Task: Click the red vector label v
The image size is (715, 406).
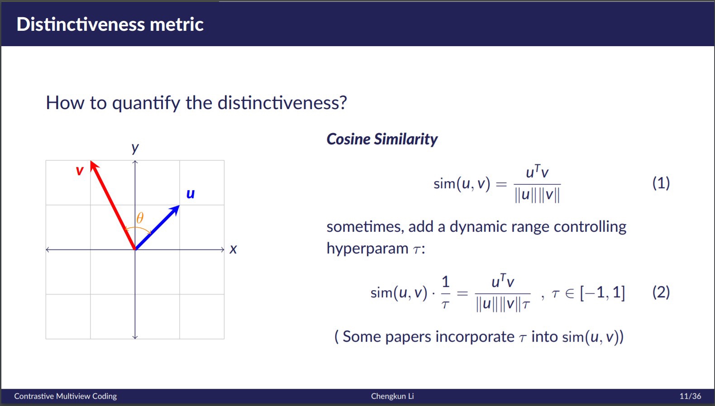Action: [x=80, y=171]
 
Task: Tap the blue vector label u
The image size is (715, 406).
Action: [x=191, y=194]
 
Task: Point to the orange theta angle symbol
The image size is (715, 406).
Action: [x=140, y=218]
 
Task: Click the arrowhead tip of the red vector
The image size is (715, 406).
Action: [x=91, y=161]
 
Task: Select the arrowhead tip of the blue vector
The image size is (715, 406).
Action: [x=179, y=205]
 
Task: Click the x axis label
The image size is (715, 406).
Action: [x=234, y=249]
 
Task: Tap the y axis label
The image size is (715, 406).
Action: [x=135, y=148]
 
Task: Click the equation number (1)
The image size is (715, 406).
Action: [x=661, y=183]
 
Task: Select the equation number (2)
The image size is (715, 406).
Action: [x=661, y=292]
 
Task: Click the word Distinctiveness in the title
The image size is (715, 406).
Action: [x=81, y=24]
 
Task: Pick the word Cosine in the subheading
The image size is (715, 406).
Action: [x=348, y=139]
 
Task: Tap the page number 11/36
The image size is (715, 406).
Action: [x=690, y=396]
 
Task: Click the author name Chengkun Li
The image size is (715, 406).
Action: [x=392, y=396]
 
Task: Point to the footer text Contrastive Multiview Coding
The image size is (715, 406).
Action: [x=66, y=396]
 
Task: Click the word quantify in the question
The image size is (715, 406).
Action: [x=146, y=103]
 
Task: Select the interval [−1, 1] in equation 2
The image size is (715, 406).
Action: [x=602, y=292]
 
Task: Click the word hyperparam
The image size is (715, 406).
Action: [x=367, y=248]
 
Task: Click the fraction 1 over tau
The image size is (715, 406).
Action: [x=446, y=292]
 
